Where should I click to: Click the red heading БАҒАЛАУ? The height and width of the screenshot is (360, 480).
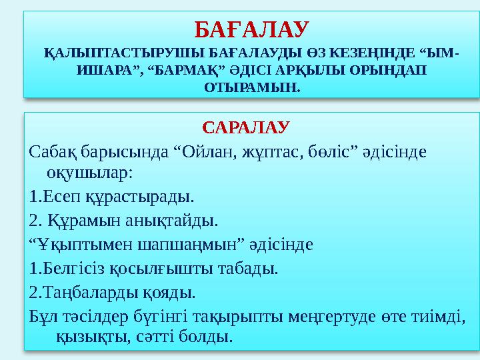[x=251, y=29]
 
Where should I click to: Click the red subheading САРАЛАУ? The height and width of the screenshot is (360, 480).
[x=245, y=126]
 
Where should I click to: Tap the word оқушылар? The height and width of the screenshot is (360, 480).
[x=91, y=173]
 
